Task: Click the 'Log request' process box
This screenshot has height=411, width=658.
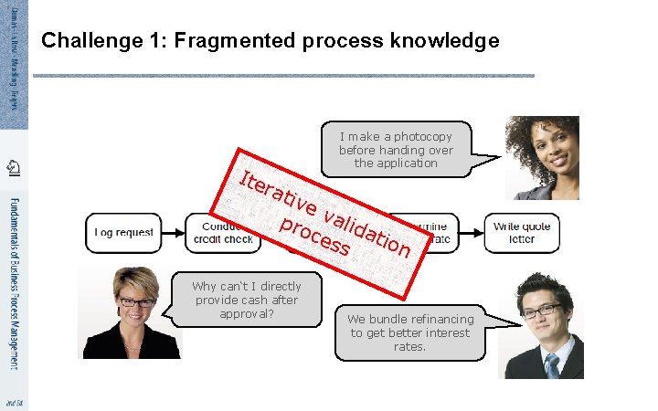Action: click(x=123, y=233)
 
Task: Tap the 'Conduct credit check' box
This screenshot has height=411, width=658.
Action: click(x=219, y=233)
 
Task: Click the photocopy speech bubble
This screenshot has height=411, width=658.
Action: click(x=396, y=150)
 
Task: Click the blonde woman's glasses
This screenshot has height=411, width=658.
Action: click(x=135, y=300)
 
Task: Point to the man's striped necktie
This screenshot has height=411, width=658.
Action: click(x=551, y=365)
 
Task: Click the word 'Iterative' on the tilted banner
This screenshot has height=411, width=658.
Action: click(x=273, y=187)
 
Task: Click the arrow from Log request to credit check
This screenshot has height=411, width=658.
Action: click(x=174, y=233)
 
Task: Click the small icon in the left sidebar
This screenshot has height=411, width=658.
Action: click(x=13, y=167)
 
